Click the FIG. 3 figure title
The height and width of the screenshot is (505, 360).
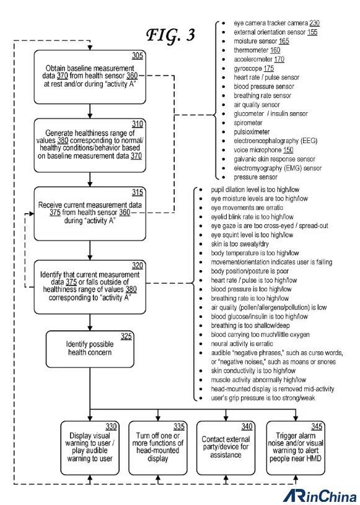click(170, 35)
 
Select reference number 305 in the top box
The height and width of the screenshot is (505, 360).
click(137, 56)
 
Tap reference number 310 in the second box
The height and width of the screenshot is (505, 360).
click(137, 124)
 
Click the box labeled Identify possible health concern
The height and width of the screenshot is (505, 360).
click(90, 349)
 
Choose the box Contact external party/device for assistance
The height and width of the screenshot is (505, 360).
click(226, 447)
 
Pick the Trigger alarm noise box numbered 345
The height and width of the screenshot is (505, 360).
click(296, 447)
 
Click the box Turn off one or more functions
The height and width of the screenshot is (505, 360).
click(158, 447)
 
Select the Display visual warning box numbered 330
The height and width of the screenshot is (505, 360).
click(90, 447)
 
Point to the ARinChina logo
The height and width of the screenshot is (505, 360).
click(320, 496)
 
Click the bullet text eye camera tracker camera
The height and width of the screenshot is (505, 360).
click(271, 23)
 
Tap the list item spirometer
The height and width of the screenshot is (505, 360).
click(248, 123)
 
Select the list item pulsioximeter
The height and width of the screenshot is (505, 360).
click(252, 132)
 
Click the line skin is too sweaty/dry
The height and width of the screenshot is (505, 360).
click(240, 244)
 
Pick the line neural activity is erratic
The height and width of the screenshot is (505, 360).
click(242, 344)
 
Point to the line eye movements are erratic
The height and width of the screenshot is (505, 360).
click(247, 208)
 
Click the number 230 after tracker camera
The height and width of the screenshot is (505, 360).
click(314, 23)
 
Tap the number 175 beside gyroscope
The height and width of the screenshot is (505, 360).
click(268, 68)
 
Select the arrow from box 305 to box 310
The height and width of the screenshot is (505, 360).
click(90, 111)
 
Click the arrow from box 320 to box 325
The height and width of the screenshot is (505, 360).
click(90, 322)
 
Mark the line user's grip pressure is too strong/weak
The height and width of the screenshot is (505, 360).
click(263, 398)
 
